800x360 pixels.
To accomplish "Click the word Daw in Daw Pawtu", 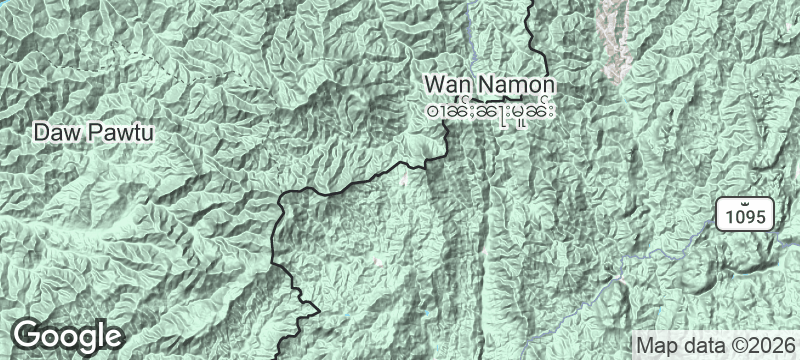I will (x=52, y=131).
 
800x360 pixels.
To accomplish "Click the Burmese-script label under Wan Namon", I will (x=490, y=106).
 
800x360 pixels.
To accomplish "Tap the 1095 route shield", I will (x=744, y=214).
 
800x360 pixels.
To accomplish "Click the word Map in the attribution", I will (x=657, y=344).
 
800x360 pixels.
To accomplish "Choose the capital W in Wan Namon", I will (x=433, y=83).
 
